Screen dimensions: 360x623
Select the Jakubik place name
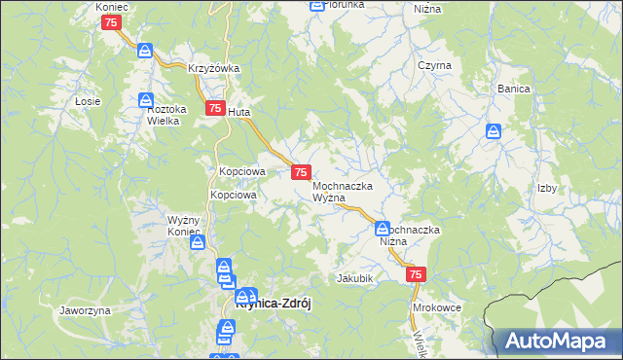click(355, 278)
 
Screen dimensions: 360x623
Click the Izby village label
click(546, 189)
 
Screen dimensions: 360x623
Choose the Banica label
click(513, 89)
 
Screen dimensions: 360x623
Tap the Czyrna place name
click(434, 65)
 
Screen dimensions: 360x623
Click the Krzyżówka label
click(214, 68)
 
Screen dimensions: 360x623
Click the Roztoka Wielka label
click(165, 116)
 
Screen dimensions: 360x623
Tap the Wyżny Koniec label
click(184, 226)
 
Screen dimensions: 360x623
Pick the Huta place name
click(239, 113)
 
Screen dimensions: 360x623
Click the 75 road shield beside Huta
click(213, 110)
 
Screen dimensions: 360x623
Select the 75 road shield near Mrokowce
click(416, 276)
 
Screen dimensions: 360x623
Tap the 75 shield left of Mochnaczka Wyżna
click(302, 172)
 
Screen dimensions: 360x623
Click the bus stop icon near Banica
click(495, 130)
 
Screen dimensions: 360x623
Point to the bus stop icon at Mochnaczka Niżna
click(383, 229)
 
